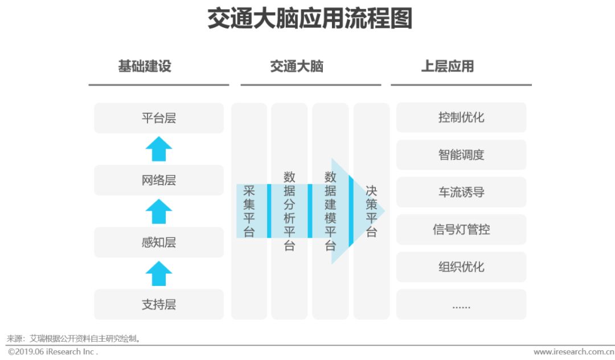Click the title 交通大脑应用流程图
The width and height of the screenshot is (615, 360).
tap(309, 19)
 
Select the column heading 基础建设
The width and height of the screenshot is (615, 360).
tap(145, 66)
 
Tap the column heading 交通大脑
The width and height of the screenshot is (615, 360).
tap(297, 66)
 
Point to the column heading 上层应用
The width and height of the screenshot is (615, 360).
tap(448, 66)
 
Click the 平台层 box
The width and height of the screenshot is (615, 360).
tap(159, 118)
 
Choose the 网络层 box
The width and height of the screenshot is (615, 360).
tap(159, 181)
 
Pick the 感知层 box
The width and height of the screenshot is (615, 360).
tap(159, 243)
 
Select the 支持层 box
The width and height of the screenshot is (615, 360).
tap(159, 305)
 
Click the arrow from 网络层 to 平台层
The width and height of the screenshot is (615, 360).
tap(159, 149)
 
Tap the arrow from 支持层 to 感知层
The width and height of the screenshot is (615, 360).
tap(159, 273)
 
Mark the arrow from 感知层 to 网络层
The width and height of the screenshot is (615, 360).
tap(159, 211)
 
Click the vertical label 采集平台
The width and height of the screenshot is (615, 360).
tap(249, 211)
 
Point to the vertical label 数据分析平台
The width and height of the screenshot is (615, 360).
tap(289, 211)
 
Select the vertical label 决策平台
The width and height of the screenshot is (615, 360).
tap(371, 211)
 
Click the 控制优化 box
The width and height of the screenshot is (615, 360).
tap(461, 118)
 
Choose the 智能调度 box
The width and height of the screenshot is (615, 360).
tap(461, 155)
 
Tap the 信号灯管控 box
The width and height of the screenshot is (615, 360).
tap(461, 230)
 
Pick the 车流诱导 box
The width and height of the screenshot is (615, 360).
tap(461, 193)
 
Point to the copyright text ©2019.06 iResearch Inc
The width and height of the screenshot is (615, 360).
tap(53, 352)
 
